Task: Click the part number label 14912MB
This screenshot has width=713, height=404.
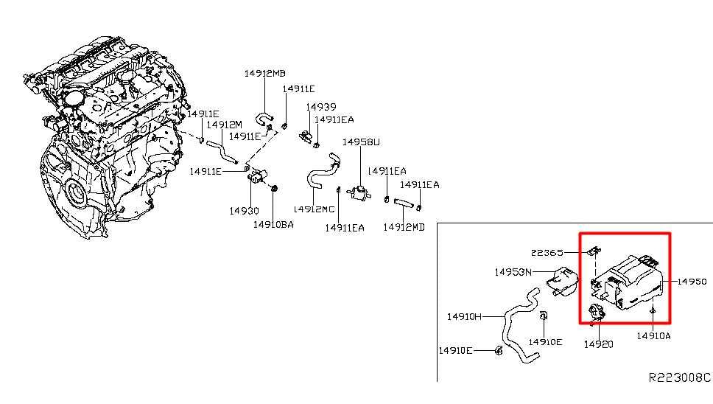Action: point(264,73)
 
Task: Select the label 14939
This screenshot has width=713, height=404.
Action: point(321,107)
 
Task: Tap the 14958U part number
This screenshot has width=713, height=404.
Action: point(361,142)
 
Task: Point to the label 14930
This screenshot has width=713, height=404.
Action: point(245,211)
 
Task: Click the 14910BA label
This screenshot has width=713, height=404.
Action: point(273,224)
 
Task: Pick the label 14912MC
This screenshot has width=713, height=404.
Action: point(314,209)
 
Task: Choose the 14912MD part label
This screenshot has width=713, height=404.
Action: point(404,227)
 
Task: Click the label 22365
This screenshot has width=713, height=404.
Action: point(547,252)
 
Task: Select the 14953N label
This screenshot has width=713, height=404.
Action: point(513,272)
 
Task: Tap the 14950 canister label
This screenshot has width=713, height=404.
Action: point(692,282)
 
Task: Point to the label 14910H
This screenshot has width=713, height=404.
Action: point(464,316)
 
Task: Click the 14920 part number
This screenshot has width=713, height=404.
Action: point(598,344)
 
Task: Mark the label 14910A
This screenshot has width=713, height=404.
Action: point(653,335)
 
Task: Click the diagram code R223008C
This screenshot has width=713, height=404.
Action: point(679,377)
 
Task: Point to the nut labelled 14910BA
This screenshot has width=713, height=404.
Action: point(273,188)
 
